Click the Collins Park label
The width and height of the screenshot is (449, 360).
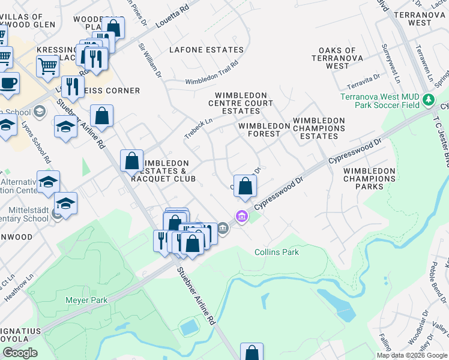pos(276,252)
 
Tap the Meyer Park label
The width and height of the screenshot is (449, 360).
pos(87,299)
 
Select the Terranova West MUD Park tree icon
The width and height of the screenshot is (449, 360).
pos(428,100)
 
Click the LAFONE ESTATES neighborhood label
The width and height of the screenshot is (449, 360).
pos(206,50)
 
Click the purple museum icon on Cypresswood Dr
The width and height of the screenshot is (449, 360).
pos(241,216)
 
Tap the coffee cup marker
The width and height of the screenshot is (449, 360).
pos(8,83)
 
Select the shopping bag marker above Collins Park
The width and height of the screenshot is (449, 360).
pos(245,186)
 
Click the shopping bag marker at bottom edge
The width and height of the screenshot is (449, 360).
pos(252,353)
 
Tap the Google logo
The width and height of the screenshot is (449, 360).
pos(19,353)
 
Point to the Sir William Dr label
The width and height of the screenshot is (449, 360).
pos(150,59)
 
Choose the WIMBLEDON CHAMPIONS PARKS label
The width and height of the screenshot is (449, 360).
pos(369,179)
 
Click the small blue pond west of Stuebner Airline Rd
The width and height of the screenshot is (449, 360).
pos(189,328)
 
